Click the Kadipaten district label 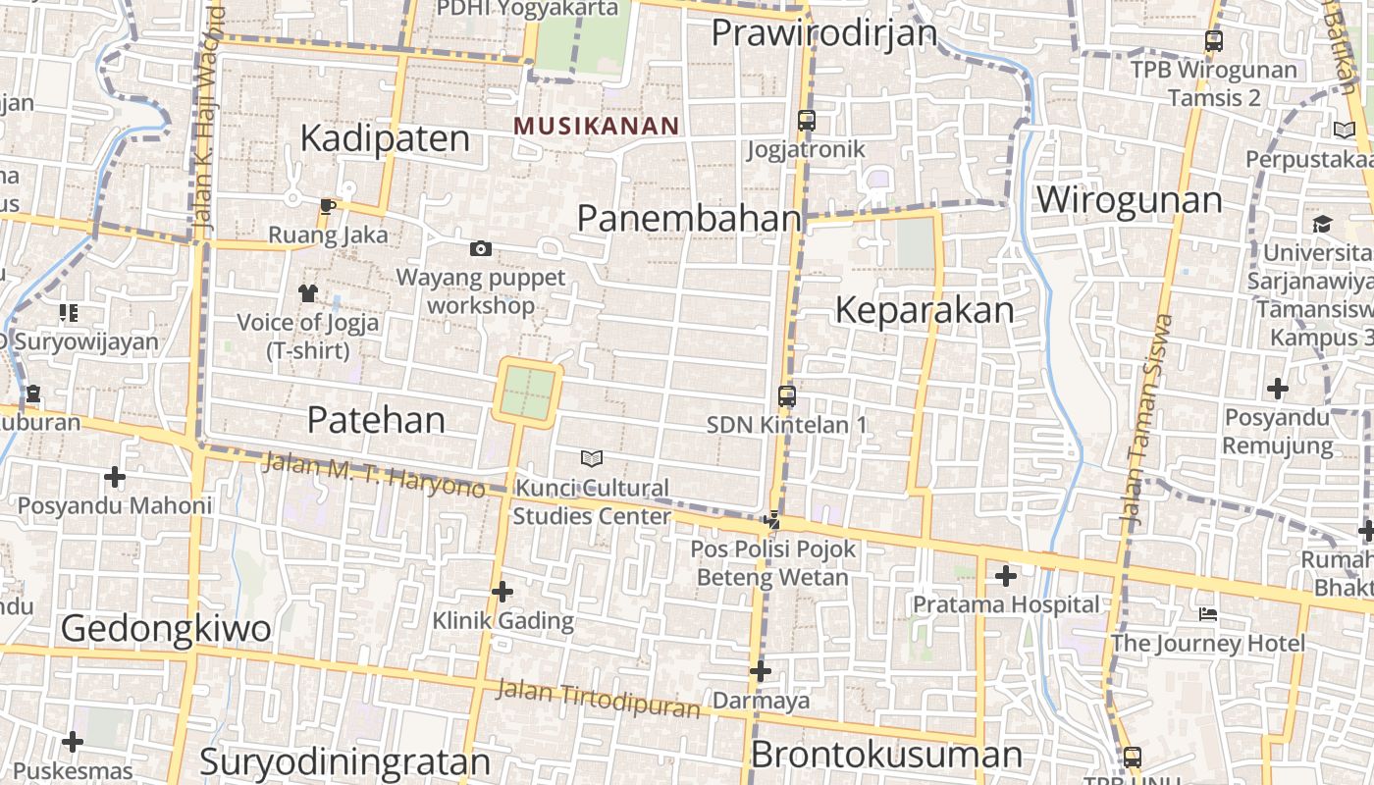tap(385, 138)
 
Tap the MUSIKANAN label tap(596, 126)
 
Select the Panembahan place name tap(689, 218)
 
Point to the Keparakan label tap(924, 310)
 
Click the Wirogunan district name tap(1129, 200)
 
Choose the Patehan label tap(376, 420)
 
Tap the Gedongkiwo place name tap(166, 628)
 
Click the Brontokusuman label tap(886, 755)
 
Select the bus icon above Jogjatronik tap(807, 121)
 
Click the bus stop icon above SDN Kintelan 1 tap(787, 396)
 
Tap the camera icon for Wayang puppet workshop tap(481, 249)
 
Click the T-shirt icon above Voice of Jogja tap(308, 292)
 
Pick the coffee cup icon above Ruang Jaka tap(328, 206)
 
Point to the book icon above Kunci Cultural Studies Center tap(591, 458)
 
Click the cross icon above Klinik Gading tap(502, 592)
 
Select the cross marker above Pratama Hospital tap(1006, 576)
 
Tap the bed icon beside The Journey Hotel tap(1208, 614)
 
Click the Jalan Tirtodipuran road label tap(598, 698)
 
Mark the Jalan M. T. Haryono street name tap(374, 474)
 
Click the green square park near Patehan tap(530, 392)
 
